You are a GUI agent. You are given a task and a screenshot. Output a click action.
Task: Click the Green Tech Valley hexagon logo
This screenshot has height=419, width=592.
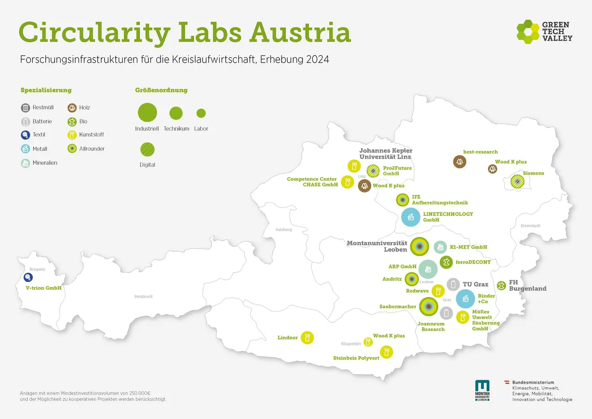pos(528,31)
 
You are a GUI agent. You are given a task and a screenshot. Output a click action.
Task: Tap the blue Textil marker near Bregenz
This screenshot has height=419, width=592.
pos(28,277)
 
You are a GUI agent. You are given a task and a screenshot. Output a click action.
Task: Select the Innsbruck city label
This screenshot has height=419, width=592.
pos(143,296)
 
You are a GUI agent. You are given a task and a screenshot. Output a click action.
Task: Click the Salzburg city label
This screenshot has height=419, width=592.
pos(284,230)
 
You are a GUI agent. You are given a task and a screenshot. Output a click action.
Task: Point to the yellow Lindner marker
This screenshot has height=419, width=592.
pos(307,338)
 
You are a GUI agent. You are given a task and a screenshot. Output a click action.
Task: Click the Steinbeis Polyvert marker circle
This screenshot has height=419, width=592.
pos(387,352)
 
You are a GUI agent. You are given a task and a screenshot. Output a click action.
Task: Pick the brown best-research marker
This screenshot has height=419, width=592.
pos(460,162)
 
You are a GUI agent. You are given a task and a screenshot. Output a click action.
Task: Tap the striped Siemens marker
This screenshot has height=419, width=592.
pos(517,181)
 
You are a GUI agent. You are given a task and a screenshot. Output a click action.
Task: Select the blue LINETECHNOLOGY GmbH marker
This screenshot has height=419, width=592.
pos(410,217)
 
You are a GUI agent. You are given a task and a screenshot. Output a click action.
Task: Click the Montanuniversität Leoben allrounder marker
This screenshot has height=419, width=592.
pos(419,247)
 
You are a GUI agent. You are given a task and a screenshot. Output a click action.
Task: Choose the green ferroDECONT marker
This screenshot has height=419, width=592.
pos(446,263)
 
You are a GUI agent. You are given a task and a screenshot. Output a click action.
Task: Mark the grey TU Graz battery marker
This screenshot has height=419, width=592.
pos(453,284)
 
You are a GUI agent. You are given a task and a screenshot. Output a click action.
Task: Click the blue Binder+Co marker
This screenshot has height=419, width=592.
pos(465,299)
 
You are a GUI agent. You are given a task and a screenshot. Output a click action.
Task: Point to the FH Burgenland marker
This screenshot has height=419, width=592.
pos(501,285)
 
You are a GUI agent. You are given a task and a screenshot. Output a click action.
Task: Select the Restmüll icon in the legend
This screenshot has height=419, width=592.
pos(25,108)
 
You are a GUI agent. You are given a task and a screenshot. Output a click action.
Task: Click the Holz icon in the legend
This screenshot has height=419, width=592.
pos(72,108)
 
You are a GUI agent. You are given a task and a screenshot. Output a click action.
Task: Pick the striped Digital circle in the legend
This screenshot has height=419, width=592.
pos(148,149)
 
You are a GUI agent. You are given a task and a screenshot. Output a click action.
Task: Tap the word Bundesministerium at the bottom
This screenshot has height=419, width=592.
pos(533,382)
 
